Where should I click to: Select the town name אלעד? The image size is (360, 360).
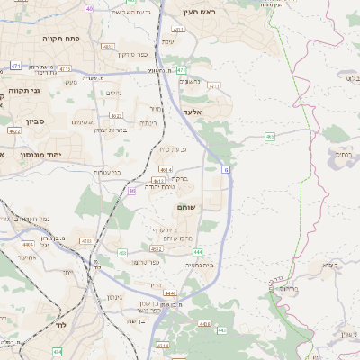coord(194,112)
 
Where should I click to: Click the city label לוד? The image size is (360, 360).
coord(62,322)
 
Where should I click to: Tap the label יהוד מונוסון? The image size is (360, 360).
coord(36,154)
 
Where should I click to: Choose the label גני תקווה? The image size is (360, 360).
coord(19,91)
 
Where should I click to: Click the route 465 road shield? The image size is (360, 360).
coord(270,137)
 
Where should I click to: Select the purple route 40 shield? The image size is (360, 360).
coord(89,8)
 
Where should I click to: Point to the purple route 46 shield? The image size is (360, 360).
coord(131,190)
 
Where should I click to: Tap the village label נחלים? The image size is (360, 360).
coord(113,93)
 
